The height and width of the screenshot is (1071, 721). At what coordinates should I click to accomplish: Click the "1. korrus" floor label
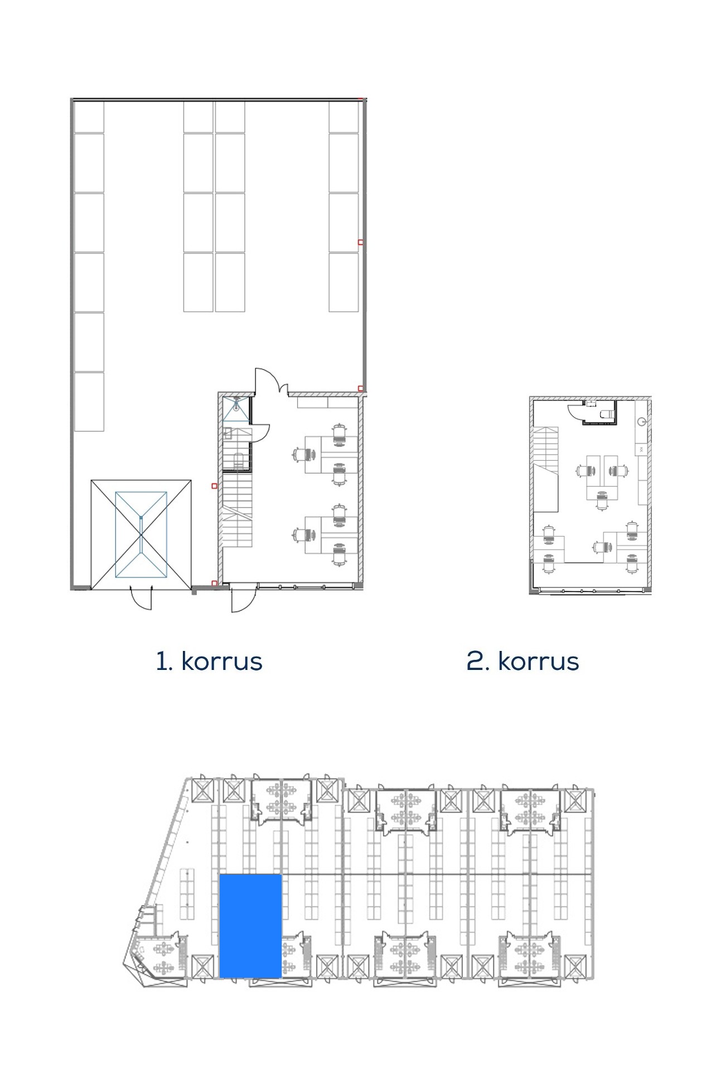click(x=209, y=661)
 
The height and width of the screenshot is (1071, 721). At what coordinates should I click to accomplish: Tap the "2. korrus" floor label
click(x=522, y=661)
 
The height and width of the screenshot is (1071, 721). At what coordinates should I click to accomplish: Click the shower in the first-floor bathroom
click(x=236, y=409)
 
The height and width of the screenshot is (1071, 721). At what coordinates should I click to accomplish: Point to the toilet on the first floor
click(x=238, y=461)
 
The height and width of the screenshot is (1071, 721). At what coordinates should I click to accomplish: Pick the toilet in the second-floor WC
click(x=606, y=414)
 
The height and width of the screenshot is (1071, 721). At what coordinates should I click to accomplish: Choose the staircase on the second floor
click(x=546, y=469)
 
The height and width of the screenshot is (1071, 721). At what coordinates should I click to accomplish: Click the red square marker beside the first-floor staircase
click(x=214, y=486)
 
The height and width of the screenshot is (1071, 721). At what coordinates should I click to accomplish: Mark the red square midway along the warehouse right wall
click(x=360, y=242)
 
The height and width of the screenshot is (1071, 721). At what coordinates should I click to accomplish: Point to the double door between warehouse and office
click(x=271, y=382)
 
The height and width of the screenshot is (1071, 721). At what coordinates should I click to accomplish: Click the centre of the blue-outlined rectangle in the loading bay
click(x=141, y=534)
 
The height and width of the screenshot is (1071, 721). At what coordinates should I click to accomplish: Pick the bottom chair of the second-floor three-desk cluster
click(x=601, y=500)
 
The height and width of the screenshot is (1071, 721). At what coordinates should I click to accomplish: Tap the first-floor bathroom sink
click(x=228, y=433)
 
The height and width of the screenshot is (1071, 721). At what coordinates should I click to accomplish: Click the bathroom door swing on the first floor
click(x=260, y=433)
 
